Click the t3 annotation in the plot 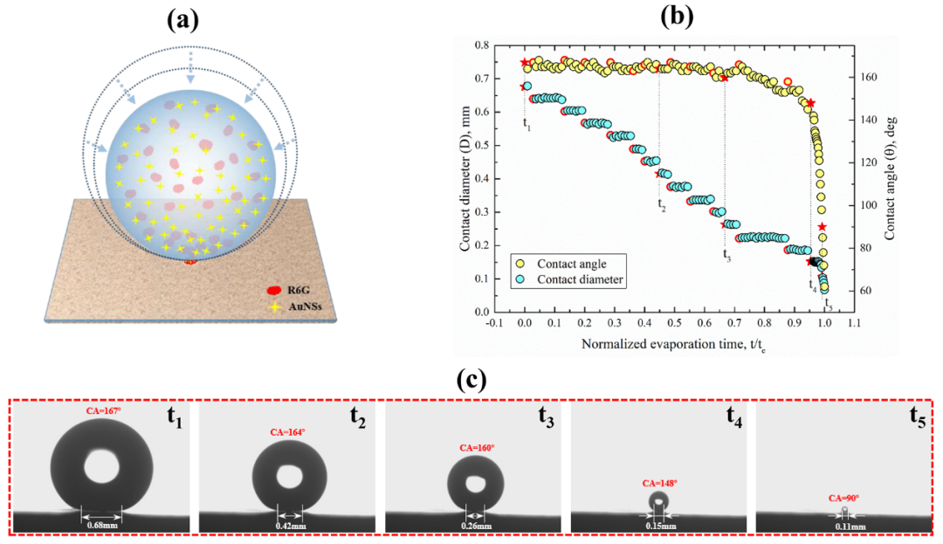click(726, 255)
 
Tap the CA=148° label click(660, 483)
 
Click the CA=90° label click(843, 498)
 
